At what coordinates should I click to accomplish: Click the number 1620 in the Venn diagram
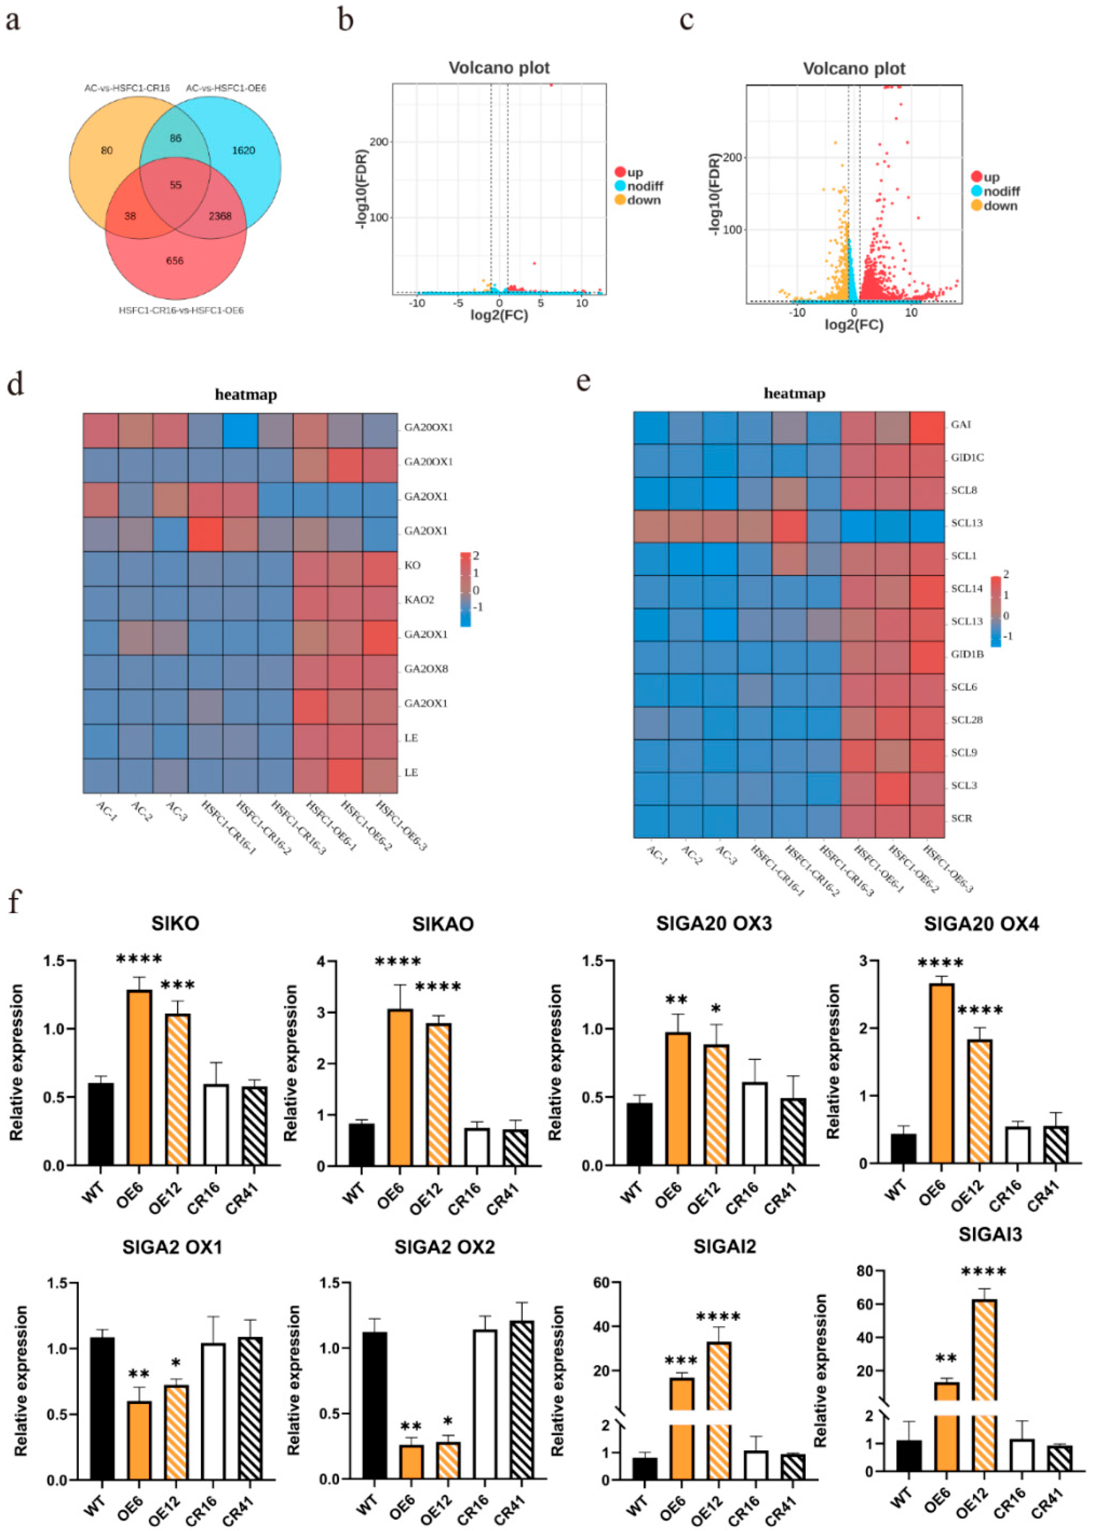click(243, 150)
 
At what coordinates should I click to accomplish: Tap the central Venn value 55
click(176, 185)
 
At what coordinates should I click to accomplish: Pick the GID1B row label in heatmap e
click(967, 654)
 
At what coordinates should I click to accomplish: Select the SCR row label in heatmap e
click(961, 818)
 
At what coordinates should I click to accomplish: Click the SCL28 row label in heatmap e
click(967, 720)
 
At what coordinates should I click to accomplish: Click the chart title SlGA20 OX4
click(981, 924)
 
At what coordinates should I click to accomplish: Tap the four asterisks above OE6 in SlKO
click(139, 959)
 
